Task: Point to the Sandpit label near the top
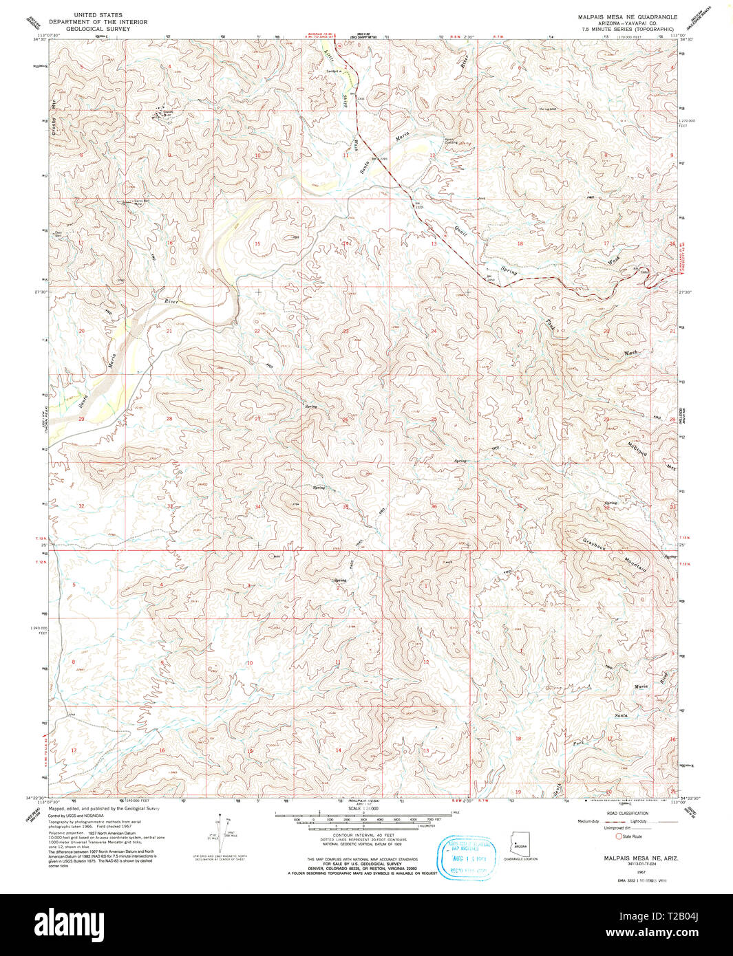click(x=333, y=72)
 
